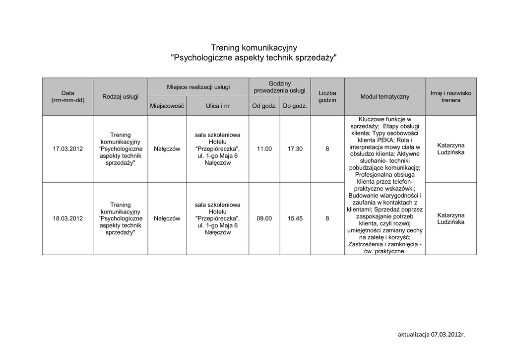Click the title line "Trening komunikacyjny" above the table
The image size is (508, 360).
pyautogui.click(x=254, y=48)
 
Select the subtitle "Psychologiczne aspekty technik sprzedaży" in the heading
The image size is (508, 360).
pyautogui.click(x=254, y=58)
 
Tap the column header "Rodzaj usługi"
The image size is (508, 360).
pyautogui.click(x=120, y=96)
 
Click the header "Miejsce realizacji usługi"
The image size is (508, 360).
pyautogui.click(x=198, y=87)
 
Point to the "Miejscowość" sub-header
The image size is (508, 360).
pyautogui.click(x=167, y=106)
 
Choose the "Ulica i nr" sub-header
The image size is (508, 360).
pyautogui.click(x=217, y=106)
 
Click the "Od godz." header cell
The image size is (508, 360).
pyautogui.click(x=264, y=106)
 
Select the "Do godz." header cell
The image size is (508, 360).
pyautogui.click(x=295, y=106)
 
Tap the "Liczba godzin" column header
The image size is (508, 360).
pyautogui.click(x=327, y=96)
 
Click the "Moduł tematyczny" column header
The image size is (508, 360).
pyautogui.click(x=384, y=96)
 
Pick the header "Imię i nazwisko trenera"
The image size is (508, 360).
pyautogui.click(x=450, y=96)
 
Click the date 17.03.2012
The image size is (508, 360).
pyautogui.click(x=68, y=148)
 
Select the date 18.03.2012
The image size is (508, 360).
pyautogui.click(x=68, y=218)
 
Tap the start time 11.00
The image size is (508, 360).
pyautogui.click(x=264, y=148)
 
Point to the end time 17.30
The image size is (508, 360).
pyautogui.click(x=295, y=148)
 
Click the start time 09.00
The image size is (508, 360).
pyautogui.click(x=264, y=218)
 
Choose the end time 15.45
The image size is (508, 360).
pyautogui.click(x=295, y=218)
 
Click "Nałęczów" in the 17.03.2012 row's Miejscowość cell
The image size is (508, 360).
pyautogui.click(x=167, y=148)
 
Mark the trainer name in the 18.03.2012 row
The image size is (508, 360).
pyautogui.click(x=450, y=218)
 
